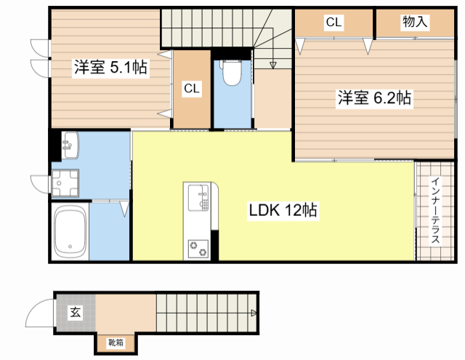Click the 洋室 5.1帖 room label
(110, 68)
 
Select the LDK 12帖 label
(283, 211)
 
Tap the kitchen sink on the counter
(198, 197)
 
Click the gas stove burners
(198, 247)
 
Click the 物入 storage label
(415, 23)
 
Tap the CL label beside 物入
(333, 23)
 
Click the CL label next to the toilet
(191, 89)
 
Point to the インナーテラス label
(435, 211)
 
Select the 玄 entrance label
(75, 313)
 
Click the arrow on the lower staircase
(253, 313)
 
